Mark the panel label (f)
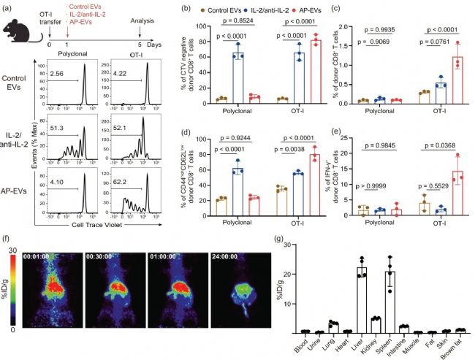click(7, 238)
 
